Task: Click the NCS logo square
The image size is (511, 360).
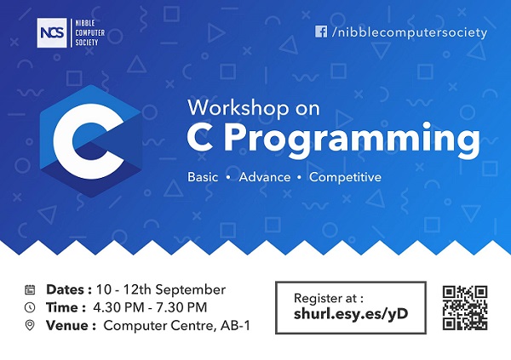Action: pos(52,33)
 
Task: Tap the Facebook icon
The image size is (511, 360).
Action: pos(321,31)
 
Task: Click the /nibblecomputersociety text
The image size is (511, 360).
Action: pos(410,32)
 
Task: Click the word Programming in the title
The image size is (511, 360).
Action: pos(353,139)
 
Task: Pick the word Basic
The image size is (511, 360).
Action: pos(203,177)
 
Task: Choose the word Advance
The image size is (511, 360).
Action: pos(265,177)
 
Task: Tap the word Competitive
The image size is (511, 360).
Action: pos(345,177)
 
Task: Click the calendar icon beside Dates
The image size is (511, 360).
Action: pos(30,289)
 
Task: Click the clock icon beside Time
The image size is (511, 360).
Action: pos(30,307)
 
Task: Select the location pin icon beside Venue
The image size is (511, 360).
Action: pos(30,325)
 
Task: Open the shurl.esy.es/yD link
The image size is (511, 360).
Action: pos(351,314)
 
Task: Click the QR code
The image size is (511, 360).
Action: pos(465,308)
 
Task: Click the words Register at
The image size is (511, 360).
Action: pos(328,298)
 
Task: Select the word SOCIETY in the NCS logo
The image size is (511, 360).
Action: pos(87,43)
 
